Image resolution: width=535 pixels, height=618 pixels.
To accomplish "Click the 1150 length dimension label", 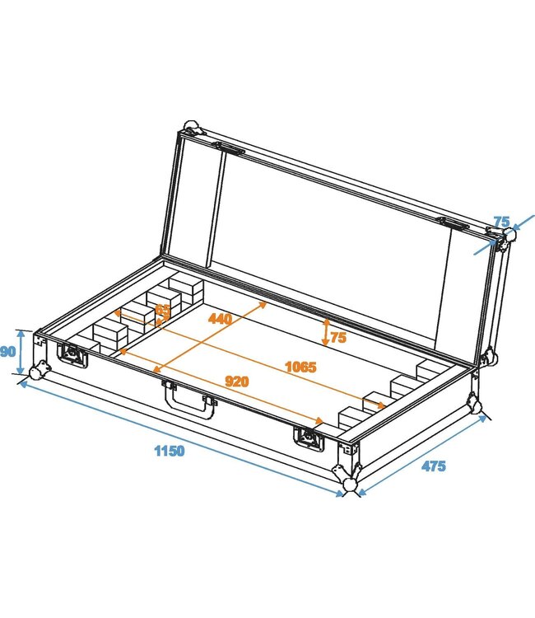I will (169, 451).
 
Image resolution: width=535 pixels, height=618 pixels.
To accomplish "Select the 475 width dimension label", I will (434, 466).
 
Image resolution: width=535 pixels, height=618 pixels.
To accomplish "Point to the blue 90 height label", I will (8, 352).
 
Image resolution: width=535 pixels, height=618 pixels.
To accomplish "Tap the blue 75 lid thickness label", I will (501, 221).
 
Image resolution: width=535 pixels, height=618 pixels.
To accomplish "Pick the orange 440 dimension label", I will (220, 318).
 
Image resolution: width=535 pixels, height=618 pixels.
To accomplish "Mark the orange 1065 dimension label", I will (300, 367).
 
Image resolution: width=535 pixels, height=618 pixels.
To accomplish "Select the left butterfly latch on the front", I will (72, 354).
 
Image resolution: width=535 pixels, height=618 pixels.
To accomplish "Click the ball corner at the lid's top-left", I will (191, 129).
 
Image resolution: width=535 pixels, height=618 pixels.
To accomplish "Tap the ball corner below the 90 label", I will (36, 372).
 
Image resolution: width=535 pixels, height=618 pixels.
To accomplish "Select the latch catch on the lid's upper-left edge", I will (230, 149).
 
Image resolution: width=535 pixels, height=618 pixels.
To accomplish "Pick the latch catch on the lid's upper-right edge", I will (454, 223).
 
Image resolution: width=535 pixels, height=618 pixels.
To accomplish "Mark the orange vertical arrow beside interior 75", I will (326, 332).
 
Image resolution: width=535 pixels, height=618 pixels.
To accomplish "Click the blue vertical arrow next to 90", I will (21, 352).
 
